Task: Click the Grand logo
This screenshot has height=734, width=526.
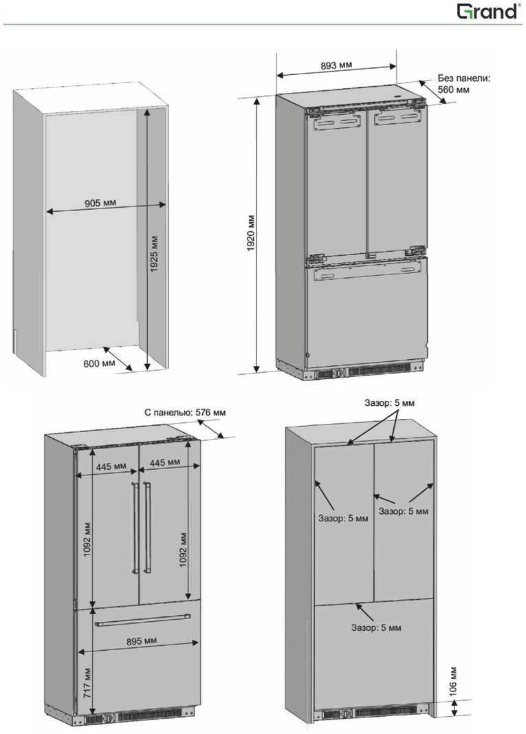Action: [489, 11]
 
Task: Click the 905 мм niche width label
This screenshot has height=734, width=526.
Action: [100, 203]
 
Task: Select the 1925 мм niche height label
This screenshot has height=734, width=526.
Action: [154, 253]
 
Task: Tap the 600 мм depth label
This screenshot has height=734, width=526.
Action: [99, 363]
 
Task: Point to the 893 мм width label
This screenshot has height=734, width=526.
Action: [336, 65]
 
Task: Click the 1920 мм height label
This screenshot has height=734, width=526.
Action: [251, 233]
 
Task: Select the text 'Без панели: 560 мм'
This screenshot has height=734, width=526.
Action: [463, 83]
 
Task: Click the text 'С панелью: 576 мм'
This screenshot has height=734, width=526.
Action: [185, 413]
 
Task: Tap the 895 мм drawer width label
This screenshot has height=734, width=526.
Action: [142, 641]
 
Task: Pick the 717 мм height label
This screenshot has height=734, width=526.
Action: [88, 683]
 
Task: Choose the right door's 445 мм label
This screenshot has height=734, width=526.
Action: [165, 462]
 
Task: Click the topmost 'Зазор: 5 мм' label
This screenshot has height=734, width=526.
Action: [389, 402]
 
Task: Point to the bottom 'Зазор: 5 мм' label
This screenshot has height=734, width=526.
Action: [376, 627]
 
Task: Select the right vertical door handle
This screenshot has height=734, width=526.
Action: [148, 526]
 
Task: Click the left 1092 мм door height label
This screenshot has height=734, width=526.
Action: [88, 539]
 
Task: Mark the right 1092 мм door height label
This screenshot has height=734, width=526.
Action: [183, 549]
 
